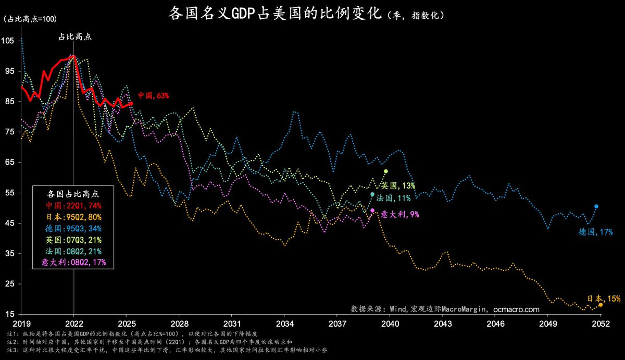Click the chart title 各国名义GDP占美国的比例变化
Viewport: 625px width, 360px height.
click(x=276, y=14)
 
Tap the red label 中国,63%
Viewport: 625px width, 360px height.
click(x=153, y=95)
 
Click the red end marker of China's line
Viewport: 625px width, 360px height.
click(x=131, y=104)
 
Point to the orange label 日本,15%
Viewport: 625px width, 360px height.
click(x=604, y=299)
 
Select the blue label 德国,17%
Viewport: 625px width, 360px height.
click(x=595, y=232)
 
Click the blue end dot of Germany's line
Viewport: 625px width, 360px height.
click(x=596, y=206)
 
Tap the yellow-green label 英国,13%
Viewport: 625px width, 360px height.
click(x=398, y=185)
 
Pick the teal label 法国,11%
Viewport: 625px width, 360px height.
click(x=395, y=198)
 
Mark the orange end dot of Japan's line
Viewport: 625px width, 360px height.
click(x=601, y=305)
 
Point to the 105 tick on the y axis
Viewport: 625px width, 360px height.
click(x=9, y=41)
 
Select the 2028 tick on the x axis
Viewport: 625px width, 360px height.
click(x=179, y=323)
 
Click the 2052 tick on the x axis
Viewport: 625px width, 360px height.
click(x=600, y=323)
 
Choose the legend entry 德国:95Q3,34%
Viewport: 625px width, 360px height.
click(x=73, y=228)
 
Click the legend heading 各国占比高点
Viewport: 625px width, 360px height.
click(x=73, y=193)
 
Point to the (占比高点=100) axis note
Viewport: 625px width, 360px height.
click(x=30, y=19)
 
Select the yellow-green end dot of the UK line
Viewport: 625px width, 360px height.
click(x=386, y=171)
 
